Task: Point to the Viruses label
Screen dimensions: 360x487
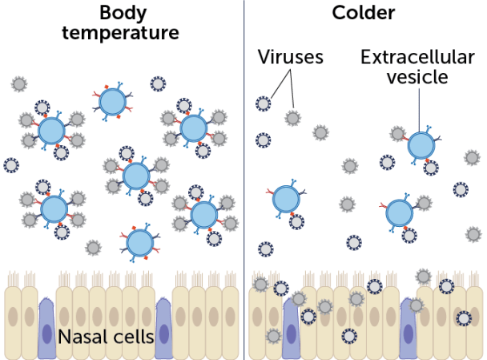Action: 290,57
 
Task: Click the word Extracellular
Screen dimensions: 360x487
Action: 417,57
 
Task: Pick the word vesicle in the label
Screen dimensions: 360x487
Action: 417,77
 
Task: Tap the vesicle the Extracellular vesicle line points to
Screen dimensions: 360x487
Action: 421,146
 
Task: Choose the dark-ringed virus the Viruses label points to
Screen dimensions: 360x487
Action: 264,103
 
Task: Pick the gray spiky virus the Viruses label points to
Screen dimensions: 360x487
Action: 293,118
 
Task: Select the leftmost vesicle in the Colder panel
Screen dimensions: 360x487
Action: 286,200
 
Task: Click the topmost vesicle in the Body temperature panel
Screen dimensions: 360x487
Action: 112,102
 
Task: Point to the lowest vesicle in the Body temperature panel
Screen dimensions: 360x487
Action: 140,243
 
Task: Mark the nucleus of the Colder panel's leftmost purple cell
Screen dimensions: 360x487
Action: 291,334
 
